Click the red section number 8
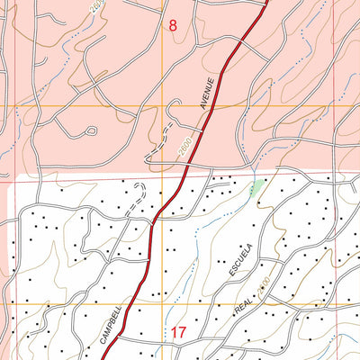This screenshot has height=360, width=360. [173, 26]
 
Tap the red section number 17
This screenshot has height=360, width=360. [177, 333]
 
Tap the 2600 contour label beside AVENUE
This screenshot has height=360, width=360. [185, 144]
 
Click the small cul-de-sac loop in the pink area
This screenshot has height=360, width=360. [90, 130]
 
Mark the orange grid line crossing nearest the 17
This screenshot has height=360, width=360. [162, 306]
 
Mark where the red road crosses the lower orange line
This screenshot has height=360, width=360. [129, 306]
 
